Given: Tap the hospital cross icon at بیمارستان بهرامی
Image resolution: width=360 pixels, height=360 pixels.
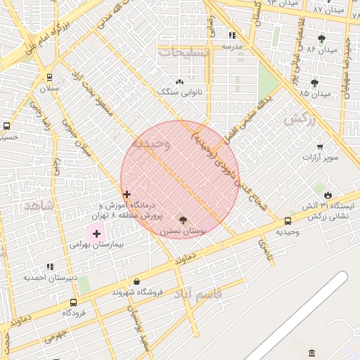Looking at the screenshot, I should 96,233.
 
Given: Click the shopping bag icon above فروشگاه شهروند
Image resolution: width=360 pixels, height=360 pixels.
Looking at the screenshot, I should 136,281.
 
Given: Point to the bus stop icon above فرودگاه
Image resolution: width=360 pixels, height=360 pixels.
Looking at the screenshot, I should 74,302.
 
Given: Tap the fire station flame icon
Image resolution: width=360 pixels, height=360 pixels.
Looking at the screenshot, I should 328,193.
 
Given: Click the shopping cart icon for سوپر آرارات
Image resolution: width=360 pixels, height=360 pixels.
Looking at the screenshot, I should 320,147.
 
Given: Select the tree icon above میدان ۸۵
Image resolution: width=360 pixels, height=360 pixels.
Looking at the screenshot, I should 314,82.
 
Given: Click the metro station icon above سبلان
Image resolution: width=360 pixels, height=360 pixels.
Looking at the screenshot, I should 49,77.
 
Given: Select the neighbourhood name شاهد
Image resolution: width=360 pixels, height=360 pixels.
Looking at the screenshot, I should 39,205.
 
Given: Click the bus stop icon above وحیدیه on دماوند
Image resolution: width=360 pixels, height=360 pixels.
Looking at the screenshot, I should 288,221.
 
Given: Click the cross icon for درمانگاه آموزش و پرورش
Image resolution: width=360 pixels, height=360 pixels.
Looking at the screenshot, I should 127,194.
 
